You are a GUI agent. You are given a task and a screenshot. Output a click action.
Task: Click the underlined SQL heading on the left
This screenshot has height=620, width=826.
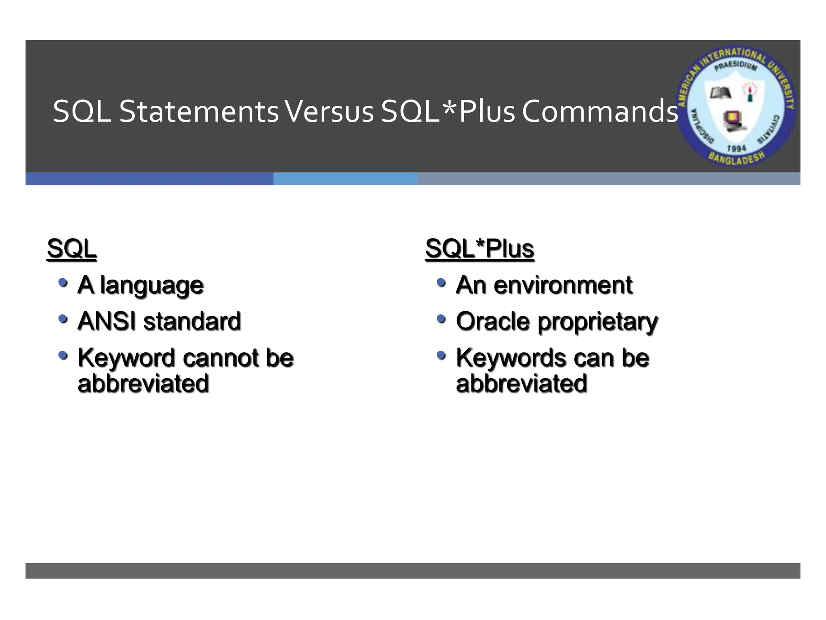(x=71, y=249)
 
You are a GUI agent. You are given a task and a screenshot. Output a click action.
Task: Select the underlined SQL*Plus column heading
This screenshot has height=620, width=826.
(x=479, y=249)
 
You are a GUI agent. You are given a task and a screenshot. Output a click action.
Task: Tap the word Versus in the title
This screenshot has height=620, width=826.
(x=330, y=112)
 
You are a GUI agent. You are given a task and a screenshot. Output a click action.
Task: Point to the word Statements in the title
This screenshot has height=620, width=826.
(x=198, y=112)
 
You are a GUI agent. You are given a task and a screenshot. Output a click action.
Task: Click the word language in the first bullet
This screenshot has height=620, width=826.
(x=152, y=286)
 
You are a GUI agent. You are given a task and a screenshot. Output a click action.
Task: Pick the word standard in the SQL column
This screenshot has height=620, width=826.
(x=192, y=321)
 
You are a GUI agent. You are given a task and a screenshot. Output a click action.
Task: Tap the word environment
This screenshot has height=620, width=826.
(x=563, y=285)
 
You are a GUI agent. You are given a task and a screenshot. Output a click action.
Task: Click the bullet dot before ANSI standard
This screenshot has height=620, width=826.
(x=63, y=319)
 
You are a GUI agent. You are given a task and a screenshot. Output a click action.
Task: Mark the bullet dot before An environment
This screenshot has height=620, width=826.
(x=441, y=282)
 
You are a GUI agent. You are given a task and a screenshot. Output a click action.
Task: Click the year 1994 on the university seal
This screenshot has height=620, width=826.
(x=736, y=148)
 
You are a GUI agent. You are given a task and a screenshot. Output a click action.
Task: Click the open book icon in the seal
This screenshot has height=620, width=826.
(x=720, y=93)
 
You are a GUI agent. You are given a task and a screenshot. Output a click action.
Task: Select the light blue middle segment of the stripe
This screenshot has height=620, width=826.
(x=345, y=179)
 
